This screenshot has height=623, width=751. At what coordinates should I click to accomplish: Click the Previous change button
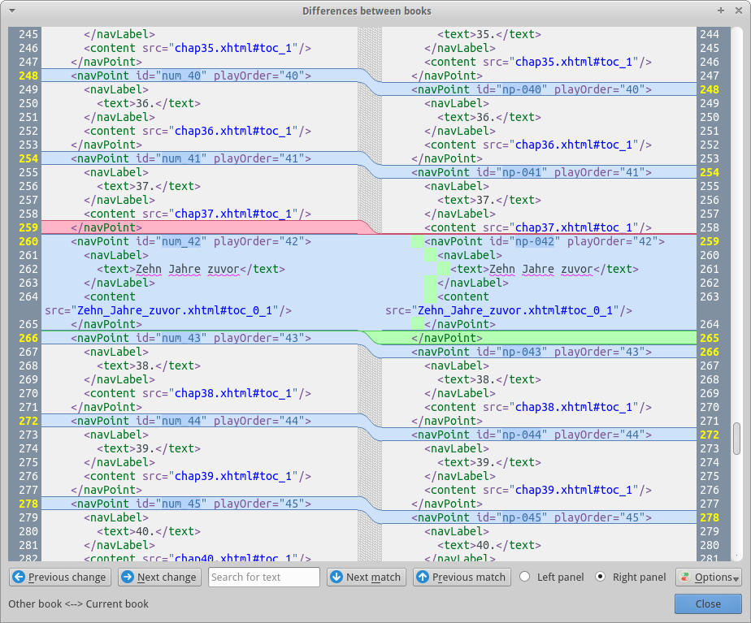(x=59, y=578)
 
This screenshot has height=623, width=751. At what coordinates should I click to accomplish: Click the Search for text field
(x=264, y=578)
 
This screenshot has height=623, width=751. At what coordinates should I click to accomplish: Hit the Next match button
(x=366, y=578)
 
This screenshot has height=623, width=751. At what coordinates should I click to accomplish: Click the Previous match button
(x=461, y=578)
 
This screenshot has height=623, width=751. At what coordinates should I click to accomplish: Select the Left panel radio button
(x=524, y=578)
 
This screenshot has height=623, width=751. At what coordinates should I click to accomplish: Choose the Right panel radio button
(x=600, y=578)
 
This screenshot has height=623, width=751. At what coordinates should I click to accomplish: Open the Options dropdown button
(x=708, y=578)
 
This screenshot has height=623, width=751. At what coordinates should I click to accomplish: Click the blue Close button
(x=707, y=604)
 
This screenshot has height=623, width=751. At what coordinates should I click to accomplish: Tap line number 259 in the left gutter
(x=28, y=227)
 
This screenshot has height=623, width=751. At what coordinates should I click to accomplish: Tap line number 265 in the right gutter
(x=710, y=338)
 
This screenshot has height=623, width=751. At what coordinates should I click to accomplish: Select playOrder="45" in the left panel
(x=263, y=504)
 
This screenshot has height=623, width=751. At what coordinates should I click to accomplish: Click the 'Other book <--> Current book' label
(x=79, y=604)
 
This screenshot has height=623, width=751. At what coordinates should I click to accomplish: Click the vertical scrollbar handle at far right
(x=737, y=439)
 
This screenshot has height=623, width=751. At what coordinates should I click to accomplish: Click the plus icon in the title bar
(x=721, y=11)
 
